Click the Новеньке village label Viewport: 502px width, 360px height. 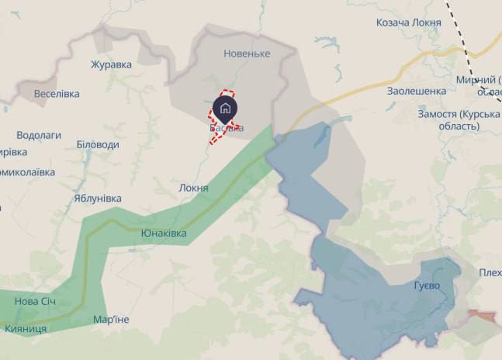click(x=247, y=54)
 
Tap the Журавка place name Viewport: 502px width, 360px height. click(x=111, y=64)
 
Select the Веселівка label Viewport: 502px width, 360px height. click(x=57, y=94)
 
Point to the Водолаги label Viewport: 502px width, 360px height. click(x=38, y=135)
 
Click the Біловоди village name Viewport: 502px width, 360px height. click(x=98, y=144)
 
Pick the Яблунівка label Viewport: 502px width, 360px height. click(x=98, y=198)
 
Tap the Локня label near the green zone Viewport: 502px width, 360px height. click(x=193, y=188)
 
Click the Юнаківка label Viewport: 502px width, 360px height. click(x=164, y=233)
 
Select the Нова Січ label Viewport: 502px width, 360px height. click(x=36, y=301)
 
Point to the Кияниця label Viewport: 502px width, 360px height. click(x=26, y=329)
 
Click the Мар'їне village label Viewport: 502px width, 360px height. click(x=111, y=320)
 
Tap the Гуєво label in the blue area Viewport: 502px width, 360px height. click(x=427, y=286)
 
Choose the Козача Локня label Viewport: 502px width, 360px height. click(x=408, y=22)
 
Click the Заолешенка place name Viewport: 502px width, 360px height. click(x=417, y=91)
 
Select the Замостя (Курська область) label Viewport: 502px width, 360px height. click(x=459, y=120)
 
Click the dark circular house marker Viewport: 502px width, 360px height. click(x=225, y=107)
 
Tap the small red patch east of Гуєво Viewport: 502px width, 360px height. click(x=482, y=316)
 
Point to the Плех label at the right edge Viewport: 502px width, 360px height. click(x=490, y=272)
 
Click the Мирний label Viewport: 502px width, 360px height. click(x=476, y=81)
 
